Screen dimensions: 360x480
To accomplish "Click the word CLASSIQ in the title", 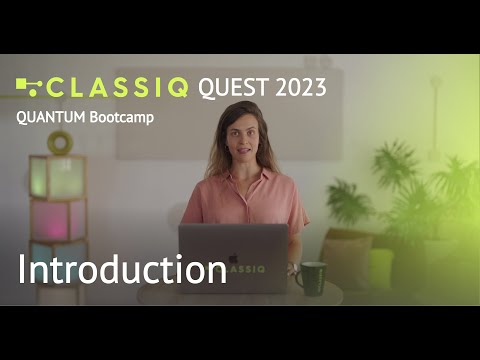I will (x=117, y=87).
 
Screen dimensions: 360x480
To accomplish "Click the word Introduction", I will (x=122, y=269).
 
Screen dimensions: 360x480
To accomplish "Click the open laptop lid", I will (x=232, y=256).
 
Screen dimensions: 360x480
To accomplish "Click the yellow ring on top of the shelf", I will (x=59, y=144).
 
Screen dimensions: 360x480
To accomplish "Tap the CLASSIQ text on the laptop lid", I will (x=244, y=267).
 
